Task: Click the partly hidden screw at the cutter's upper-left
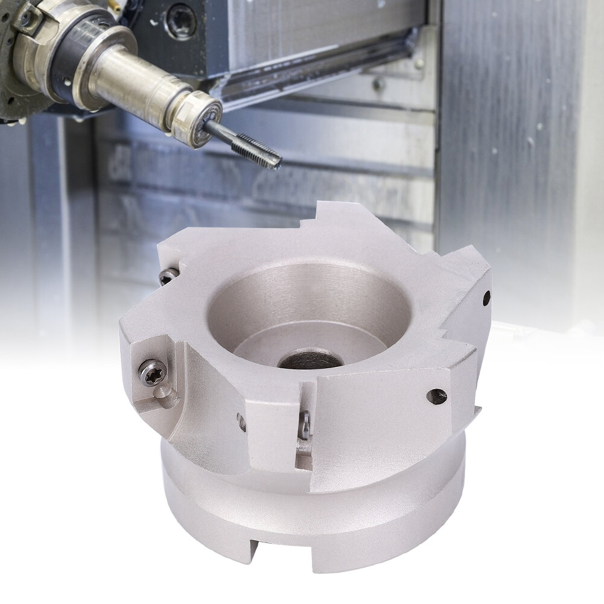tap(167, 276)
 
